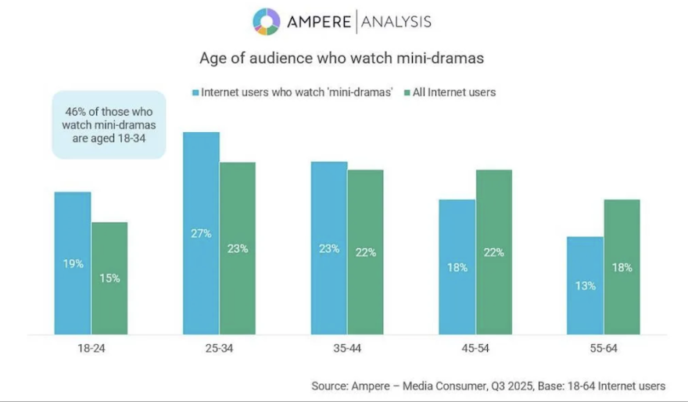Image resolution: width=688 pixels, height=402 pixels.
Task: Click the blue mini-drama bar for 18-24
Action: (73, 263)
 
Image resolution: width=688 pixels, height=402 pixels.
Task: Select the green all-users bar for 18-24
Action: (109, 278)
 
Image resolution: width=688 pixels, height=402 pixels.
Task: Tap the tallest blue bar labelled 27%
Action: (201, 233)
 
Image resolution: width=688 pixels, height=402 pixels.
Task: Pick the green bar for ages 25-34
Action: (238, 248)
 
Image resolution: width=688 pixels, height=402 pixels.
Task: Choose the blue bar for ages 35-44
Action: (329, 248)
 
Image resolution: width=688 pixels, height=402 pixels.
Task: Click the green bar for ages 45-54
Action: (493, 252)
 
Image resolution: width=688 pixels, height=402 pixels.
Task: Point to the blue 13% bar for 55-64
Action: (585, 285)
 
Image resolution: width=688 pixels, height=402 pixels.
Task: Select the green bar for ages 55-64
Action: (622, 267)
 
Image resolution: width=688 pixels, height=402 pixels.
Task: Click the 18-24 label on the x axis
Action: (91, 348)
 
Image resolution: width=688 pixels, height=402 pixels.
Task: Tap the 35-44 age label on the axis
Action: (347, 348)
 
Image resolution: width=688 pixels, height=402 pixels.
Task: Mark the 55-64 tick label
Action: (603, 348)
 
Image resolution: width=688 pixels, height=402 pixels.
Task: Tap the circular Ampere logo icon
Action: (266, 21)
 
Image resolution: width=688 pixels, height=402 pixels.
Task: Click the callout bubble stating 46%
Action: (109, 124)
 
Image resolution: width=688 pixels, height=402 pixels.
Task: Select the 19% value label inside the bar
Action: (73, 264)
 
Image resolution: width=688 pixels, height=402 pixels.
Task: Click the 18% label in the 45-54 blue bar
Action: (457, 267)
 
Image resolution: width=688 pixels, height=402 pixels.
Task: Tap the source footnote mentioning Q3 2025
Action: (489, 386)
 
